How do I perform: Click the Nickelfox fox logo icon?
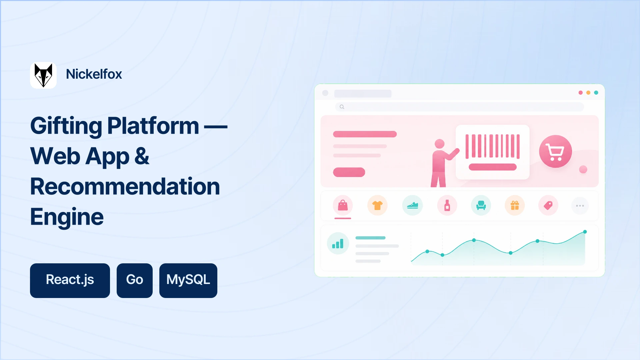[x=43, y=75]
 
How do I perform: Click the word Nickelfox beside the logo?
[x=94, y=74]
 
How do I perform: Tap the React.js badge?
[x=70, y=281]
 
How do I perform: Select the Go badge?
[x=135, y=281]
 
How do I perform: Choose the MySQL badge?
[x=188, y=281]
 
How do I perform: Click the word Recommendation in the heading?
[x=125, y=186]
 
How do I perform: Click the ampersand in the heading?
[x=142, y=156]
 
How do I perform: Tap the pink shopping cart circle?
[x=555, y=151]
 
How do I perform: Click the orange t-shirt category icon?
[x=377, y=205]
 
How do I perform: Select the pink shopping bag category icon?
[x=343, y=205]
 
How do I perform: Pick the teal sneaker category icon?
[x=412, y=205]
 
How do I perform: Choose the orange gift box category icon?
[x=515, y=205]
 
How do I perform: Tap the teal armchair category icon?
[x=481, y=205]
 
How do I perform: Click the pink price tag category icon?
[x=548, y=205]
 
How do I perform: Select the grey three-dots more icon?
[x=580, y=206]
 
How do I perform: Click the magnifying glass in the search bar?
[x=342, y=107]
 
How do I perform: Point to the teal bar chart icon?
[x=338, y=243]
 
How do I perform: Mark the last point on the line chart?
[x=585, y=232]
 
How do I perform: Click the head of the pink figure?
[x=440, y=144]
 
